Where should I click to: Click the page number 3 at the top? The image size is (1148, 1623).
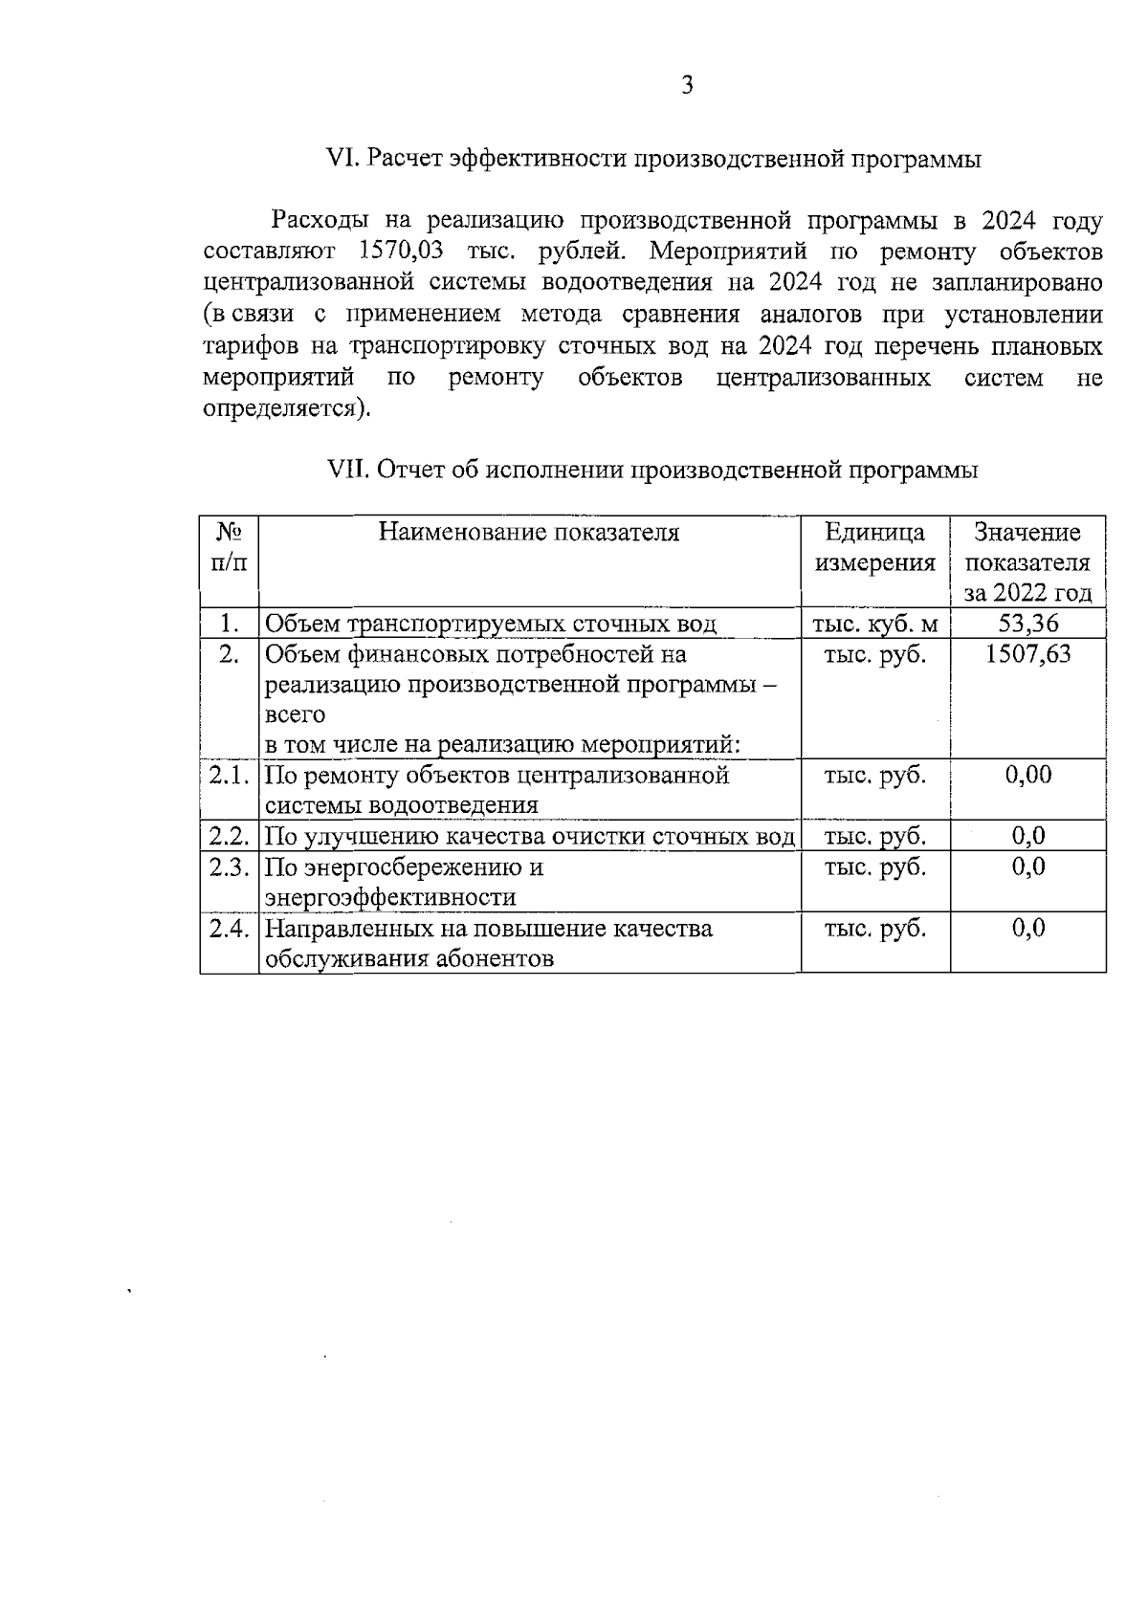point(687,86)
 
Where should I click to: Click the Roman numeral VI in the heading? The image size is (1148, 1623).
point(341,159)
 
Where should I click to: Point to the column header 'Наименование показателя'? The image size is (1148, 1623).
point(529,533)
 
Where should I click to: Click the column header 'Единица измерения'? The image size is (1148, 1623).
point(874,547)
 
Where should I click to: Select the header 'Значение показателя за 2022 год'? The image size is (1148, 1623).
point(1027,562)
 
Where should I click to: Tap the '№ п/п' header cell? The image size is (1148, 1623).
point(229,547)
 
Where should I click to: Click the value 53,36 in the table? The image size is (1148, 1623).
point(1027,625)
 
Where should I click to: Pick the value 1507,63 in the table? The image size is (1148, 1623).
point(1027,654)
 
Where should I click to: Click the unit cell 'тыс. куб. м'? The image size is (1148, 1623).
point(874,625)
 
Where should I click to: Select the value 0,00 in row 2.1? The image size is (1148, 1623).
point(1027,775)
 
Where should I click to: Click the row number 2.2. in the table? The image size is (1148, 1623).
point(230,837)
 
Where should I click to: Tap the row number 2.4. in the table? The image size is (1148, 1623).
point(230,929)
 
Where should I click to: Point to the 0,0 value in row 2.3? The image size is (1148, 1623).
point(1027,867)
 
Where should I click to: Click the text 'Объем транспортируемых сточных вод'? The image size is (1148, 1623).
point(490,625)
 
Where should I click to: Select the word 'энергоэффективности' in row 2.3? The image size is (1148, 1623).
point(389,898)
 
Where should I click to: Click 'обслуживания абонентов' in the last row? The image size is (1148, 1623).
point(408,959)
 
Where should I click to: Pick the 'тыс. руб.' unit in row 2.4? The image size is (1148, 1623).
point(874,929)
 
